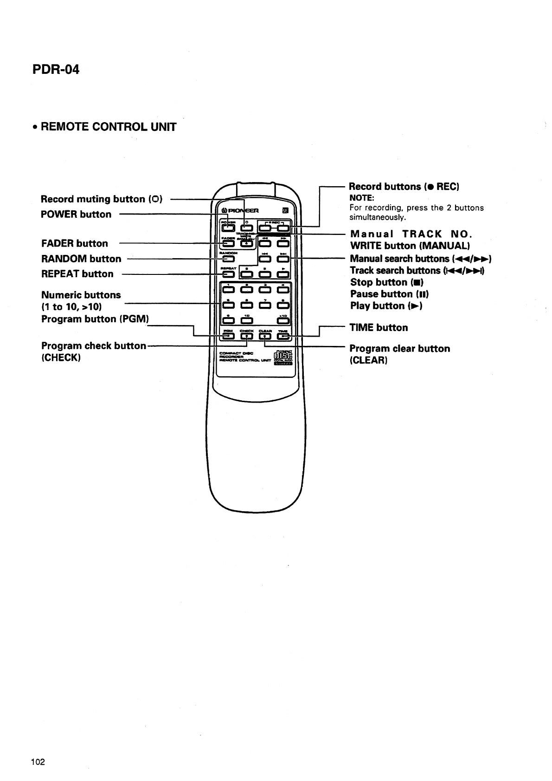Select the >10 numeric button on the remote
pyautogui.click(x=283, y=320)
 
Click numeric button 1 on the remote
pyautogui.click(x=228, y=290)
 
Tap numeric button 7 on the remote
pyautogui.click(x=265, y=305)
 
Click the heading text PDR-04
pyautogui.click(x=56, y=70)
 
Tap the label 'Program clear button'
pyautogui.click(x=399, y=349)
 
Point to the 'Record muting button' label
pyautogui.click(x=93, y=199)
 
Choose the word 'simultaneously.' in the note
pyautogui.click(x=378, y=217)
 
